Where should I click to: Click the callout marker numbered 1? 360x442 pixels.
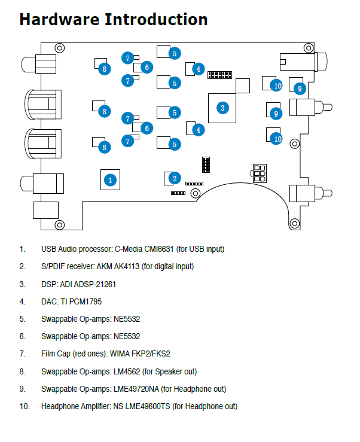pyautogui.click(x=109, y=179)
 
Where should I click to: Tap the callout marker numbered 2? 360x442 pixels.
pyautogui.click(x=175, y=178)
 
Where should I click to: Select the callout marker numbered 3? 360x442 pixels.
pyautogui.click(x=222, y=108)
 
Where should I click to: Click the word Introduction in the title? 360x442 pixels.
pyautogui.click(x=156, y=19)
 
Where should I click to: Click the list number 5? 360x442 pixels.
pyautogui.click(x=22, y=319)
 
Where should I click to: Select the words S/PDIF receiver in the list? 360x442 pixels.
pyautogui.click(x=67, y=266)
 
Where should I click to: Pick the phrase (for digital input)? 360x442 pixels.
pyautogui.click(x=173, y=266)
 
